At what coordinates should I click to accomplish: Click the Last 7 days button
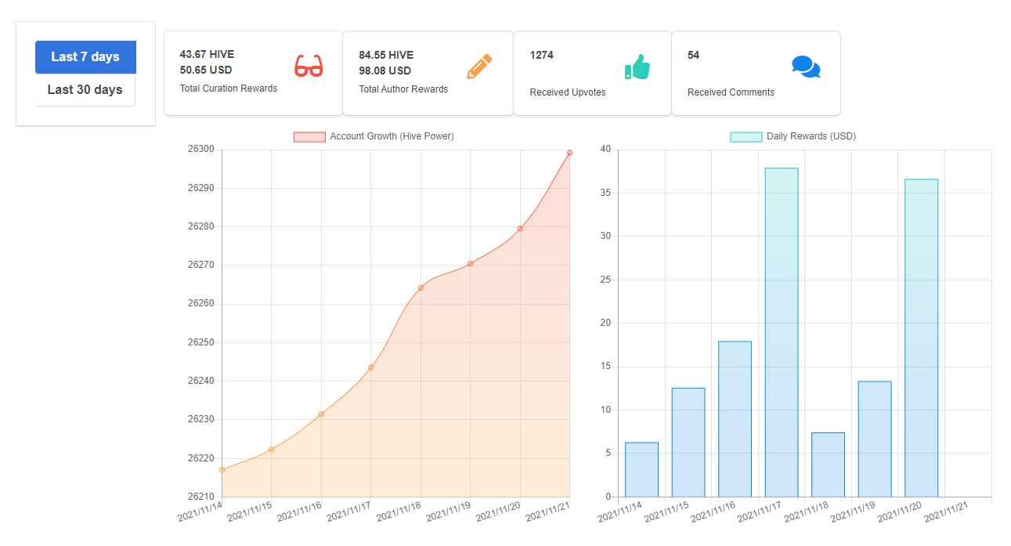[x=86, y=57]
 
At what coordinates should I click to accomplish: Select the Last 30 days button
[x=85, y=90]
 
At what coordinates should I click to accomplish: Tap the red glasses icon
[x=309, y=66]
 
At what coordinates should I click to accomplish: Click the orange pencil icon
[x=479, y=67]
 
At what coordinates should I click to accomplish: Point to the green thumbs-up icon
[x=637, y=67]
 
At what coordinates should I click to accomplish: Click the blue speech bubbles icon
[x=806, y=67]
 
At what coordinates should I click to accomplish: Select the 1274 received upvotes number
[x=541, y=55]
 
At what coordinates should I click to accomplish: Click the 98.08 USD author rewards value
[x=385, y=71]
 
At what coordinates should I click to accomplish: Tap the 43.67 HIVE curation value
[x=207, y=55]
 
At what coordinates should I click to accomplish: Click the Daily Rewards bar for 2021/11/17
[x=782, y=332]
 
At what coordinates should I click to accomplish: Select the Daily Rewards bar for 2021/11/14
[x=641, y=470]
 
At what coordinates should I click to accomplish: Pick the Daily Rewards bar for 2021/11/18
[x=828, y=465]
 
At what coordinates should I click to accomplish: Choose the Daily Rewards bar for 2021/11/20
[x=921, y=338]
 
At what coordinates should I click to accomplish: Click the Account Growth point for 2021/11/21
[x=569, y=153]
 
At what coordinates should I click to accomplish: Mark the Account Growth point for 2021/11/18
[x=421, y=287]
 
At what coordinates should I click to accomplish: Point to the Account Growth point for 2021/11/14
[x=222, y=470]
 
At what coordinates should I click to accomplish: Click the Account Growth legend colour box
[x=309, y=137]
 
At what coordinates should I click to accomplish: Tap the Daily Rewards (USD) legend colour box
[x=746, y=137]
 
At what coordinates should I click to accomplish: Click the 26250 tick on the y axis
[x=200, y=342]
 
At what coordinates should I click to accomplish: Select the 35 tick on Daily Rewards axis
[x=605, y=193]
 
